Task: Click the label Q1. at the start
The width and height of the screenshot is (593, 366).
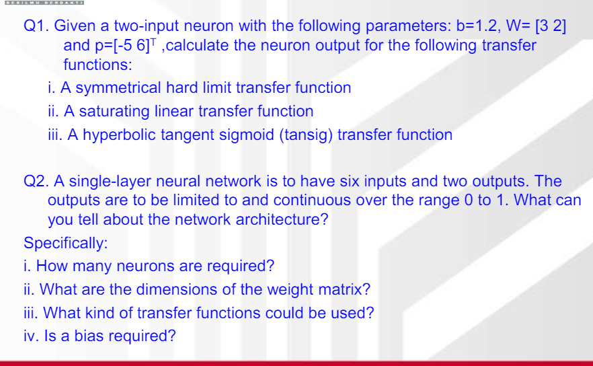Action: (x=36, y=27)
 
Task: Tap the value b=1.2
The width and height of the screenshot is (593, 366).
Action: (x=476, y=27)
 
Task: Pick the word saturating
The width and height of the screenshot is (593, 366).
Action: (x=114, y=112)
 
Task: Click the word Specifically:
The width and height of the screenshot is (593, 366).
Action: (x=65, y=243)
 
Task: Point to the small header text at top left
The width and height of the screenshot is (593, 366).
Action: (x=42, y=3)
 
